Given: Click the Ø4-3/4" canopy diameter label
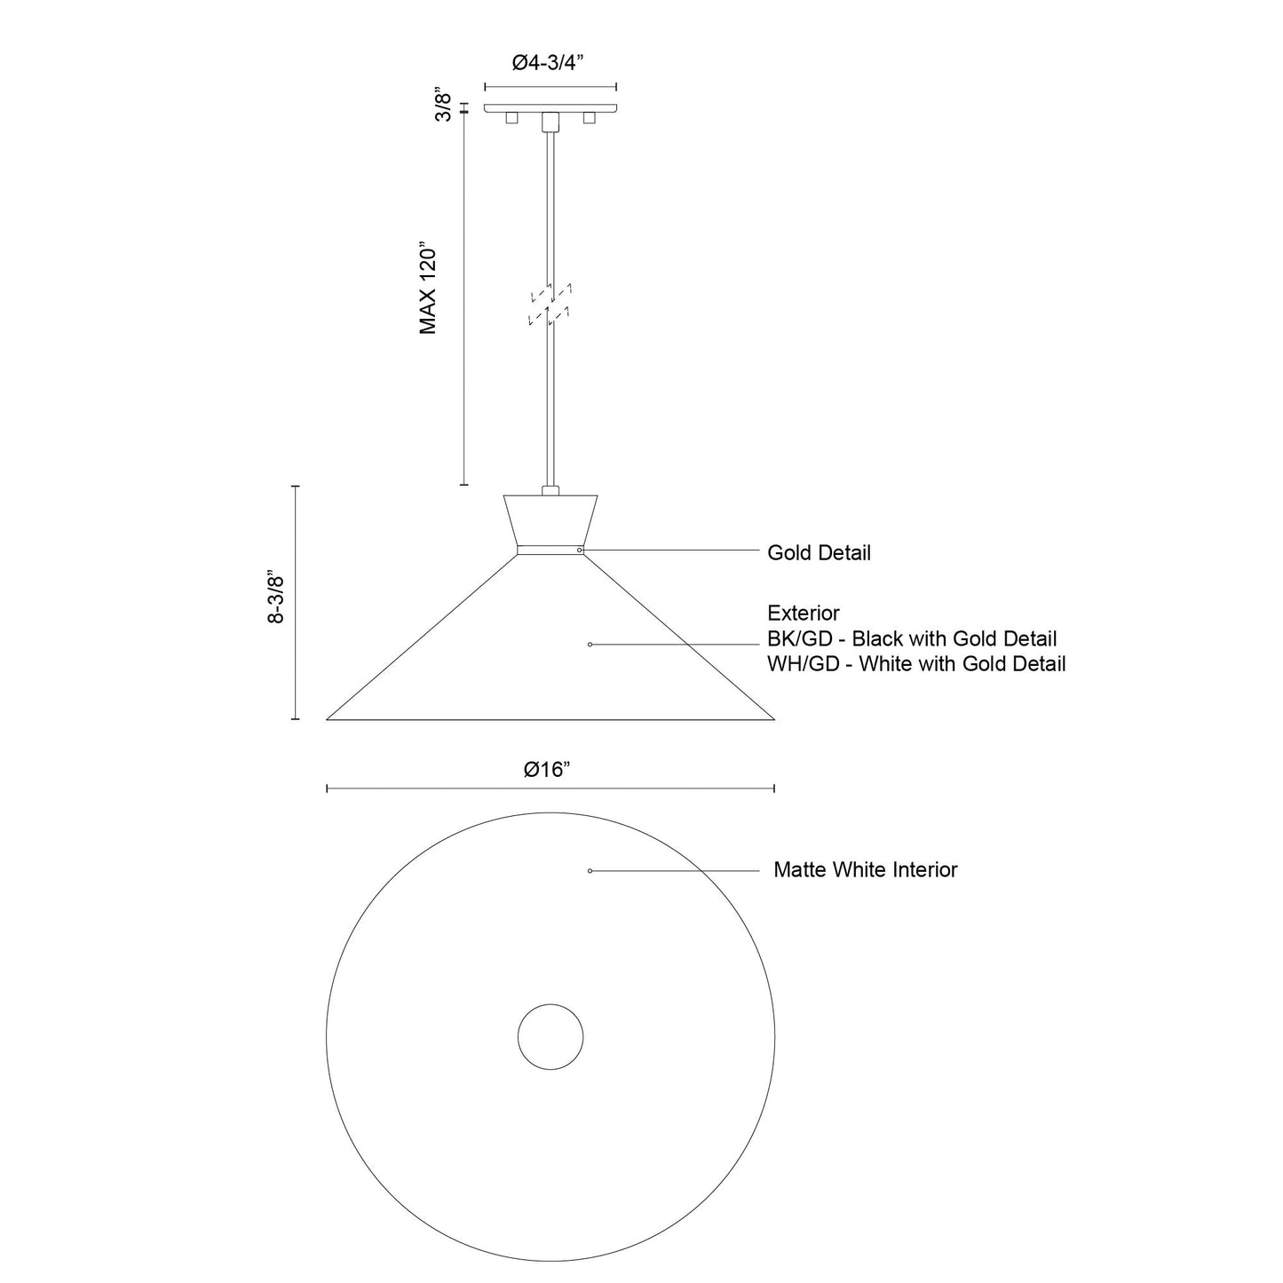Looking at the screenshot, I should pos(550,62).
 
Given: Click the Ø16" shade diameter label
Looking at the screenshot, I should pos(547,770).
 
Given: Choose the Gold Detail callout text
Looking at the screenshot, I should pos(819,553).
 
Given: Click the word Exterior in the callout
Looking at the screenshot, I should pos(804,613).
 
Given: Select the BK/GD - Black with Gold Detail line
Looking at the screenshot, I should pos(912,638).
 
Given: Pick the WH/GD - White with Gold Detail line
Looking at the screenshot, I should pos(916,663).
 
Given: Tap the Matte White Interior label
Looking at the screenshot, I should pos(865,870).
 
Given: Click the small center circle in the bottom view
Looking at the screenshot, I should pos(550,1036).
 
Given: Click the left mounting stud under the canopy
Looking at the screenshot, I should pos(511,118).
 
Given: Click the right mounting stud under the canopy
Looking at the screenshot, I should pos(589,118).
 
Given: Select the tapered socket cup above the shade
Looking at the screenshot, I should pos(550,520).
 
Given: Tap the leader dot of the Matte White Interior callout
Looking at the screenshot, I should pos(590,871).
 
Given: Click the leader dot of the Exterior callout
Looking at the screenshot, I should pos(590,644).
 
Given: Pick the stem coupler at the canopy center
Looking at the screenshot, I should pos(550,121).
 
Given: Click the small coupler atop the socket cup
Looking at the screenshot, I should pos(550,489).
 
